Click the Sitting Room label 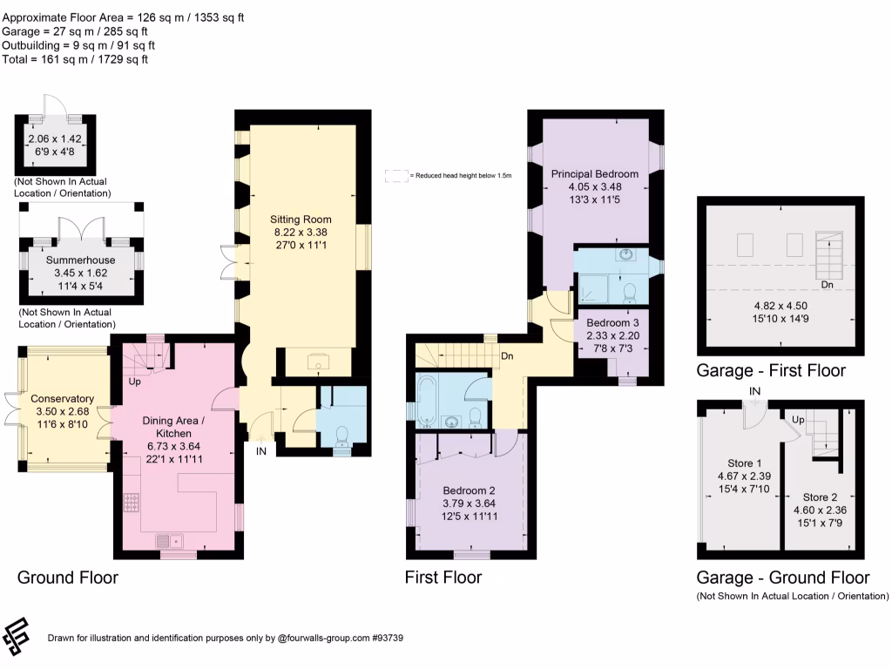pos(301,219)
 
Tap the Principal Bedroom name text pos(594,173)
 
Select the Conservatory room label pos(62,398)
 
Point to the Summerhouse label pos(80,260)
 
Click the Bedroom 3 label pos(612,322)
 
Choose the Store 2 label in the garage pos(820,497)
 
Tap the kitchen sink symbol pos(169,540)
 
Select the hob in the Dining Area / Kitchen pos(132,502)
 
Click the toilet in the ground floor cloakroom pos(342,436)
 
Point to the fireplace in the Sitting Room pos(318,362)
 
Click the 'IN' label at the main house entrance pos(261,451)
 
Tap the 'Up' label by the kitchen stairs pos(135,382)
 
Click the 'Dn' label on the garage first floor pos(828,285)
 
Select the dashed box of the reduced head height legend pos(396,176)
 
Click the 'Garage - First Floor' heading pos(771,370)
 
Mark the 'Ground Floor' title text pos(68,577)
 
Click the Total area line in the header pos(75,59)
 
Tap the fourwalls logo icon pos(16,636)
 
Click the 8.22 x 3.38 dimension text pos(301,232)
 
